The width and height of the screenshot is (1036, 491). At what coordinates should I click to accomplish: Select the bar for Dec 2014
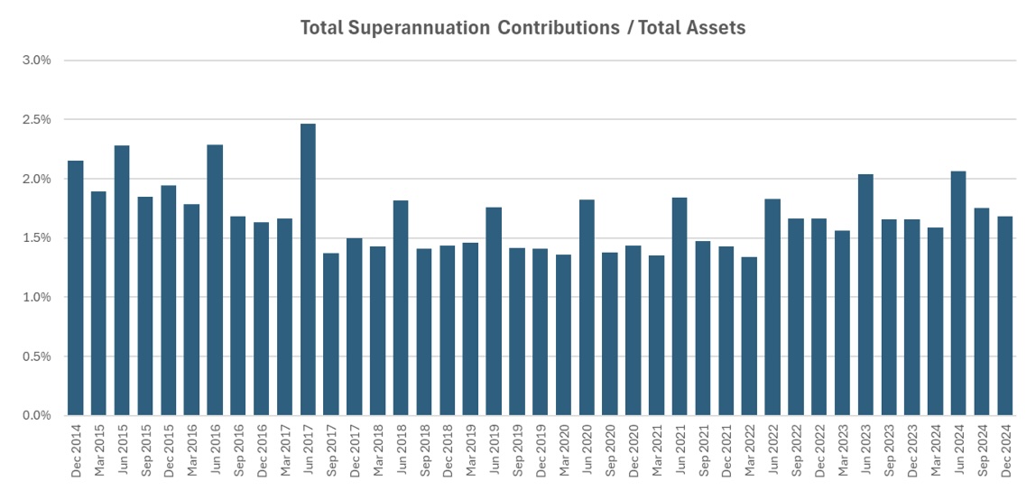(x=76, y=288)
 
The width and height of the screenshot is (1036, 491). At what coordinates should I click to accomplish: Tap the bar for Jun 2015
(x=122, y=280)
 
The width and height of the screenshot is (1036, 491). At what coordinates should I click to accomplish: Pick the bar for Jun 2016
(x=215, y=280)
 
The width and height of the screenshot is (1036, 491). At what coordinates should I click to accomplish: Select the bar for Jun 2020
(x=587, y=307)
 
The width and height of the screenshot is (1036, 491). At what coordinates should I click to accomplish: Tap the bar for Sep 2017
(x=331, y=334)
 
